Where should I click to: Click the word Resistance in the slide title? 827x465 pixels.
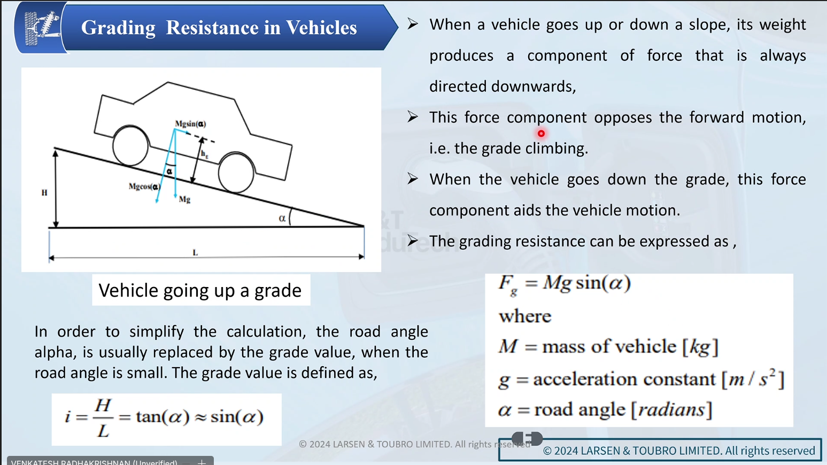tap(215, 28)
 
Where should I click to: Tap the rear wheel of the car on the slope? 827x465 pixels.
tap(130, 145)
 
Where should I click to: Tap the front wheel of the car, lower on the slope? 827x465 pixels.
tap(236, 172)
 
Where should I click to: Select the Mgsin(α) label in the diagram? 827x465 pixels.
tap(190, 124)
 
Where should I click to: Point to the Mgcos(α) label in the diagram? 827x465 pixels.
tap(144, 187)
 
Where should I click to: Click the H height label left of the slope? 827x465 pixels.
tap(44, 193)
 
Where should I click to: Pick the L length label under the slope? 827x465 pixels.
tap(195, 252)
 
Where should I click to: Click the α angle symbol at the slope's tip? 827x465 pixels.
tap(282, 218)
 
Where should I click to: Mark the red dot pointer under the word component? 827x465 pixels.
tap(541, 134)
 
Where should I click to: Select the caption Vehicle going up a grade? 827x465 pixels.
tap(200, 290)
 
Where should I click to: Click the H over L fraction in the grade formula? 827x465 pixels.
tap(103, 417)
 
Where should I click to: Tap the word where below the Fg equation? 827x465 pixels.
tap(524, 316)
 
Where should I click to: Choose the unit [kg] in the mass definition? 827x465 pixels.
tap(700, 347)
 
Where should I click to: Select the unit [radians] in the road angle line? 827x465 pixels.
tap(671, 410)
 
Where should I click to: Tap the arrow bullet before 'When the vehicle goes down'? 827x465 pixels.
tap(413, 179)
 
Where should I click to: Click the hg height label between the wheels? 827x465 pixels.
tap(204, 154)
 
